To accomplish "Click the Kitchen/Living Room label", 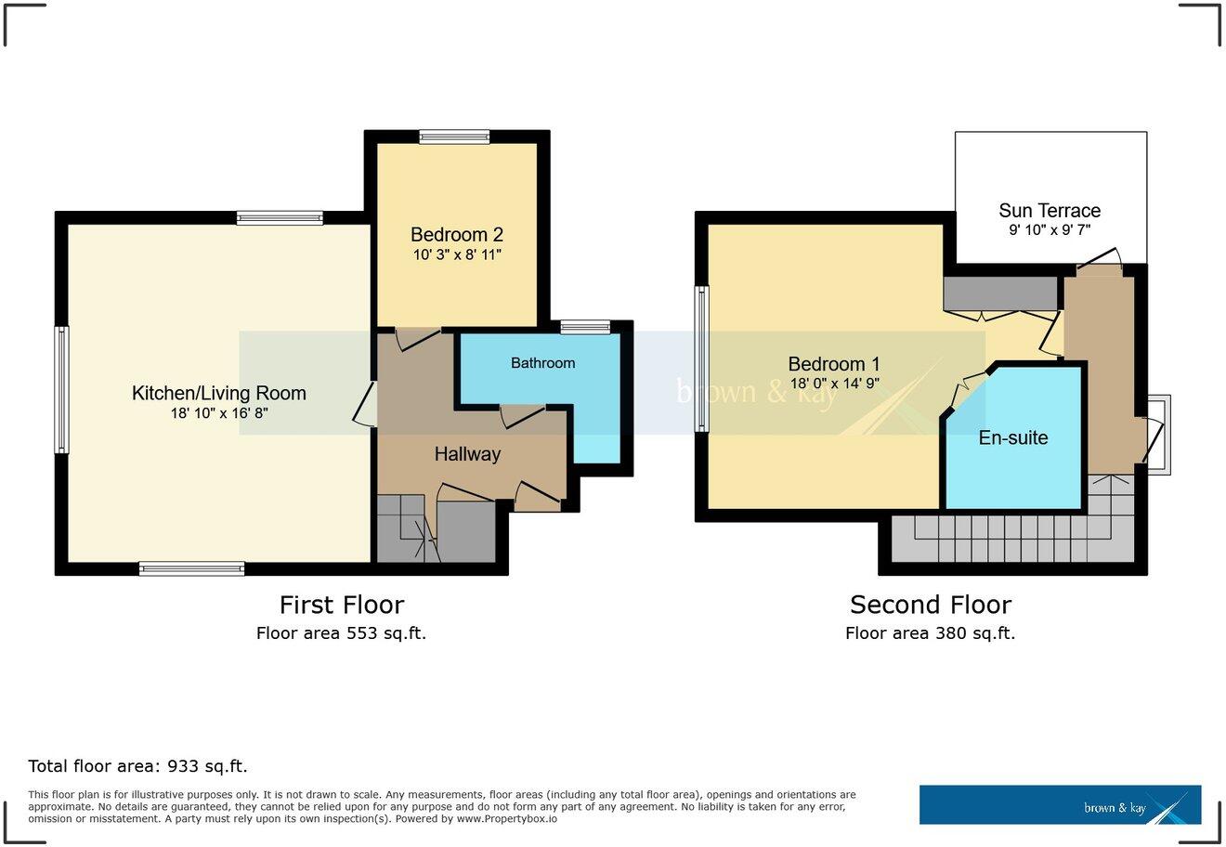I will (218, 393).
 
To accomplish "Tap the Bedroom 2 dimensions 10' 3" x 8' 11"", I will (457, 254).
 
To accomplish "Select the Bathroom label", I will (542, 363).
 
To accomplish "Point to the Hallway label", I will (467, 454).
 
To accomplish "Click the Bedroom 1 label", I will (833, 364).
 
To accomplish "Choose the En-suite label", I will (1013, 437).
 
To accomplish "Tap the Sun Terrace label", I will (1050, 211).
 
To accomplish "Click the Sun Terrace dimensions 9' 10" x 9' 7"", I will (1050, 230).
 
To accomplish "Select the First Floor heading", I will (342, 605).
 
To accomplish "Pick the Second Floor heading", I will (930, 605).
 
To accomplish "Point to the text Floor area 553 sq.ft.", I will (341, 633).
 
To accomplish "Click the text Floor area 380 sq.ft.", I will (930, 633).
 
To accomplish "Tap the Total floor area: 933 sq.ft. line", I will (137, 766).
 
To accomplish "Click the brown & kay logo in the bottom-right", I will (1060, 804).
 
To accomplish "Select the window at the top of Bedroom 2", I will (454, 137).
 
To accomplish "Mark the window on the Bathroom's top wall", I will (585, 327).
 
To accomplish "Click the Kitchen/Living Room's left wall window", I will (61, 389).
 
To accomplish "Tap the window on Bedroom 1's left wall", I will (702, 359).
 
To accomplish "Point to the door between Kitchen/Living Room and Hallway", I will (366, 405).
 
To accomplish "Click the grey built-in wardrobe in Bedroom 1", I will (1000, 293).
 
